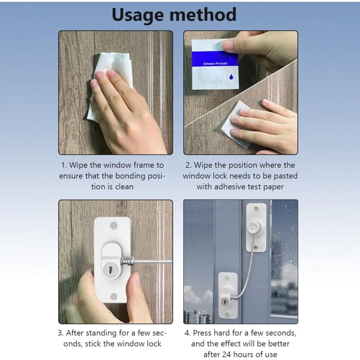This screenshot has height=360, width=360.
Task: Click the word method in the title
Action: [203, 14]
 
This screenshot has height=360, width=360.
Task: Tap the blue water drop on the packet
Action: [231, 77]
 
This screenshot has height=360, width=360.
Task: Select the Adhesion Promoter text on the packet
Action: [215, 63]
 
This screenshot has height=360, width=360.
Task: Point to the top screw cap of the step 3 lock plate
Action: [113, 225]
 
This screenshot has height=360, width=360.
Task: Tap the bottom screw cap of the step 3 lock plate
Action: [114, 297]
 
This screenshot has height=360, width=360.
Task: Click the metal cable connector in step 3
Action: [127, 261]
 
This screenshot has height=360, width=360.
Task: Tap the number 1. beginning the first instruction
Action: [64, 165]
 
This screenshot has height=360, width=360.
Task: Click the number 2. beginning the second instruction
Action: [189, 165]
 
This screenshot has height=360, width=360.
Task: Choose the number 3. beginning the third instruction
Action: [61, 333]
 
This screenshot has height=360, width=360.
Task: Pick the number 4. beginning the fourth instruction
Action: [188, 333]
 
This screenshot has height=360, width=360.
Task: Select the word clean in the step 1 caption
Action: [124, 187]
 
